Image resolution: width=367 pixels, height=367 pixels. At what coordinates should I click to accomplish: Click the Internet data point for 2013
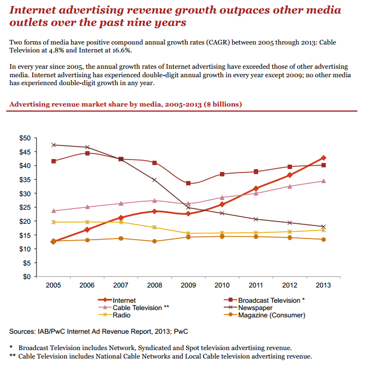(324, 158)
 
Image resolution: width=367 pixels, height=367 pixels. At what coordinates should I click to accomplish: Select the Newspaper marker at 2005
(54, 145)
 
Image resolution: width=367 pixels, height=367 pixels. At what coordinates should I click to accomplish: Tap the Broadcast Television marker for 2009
(188, 183)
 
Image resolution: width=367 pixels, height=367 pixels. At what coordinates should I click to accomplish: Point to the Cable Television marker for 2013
(324, 181)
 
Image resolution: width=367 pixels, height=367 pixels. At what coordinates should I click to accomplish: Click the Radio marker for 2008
(154, 227)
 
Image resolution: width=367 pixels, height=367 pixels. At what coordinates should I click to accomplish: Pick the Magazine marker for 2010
(222, 236)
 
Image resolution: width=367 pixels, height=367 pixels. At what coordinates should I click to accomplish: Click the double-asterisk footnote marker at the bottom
(12, 356)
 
